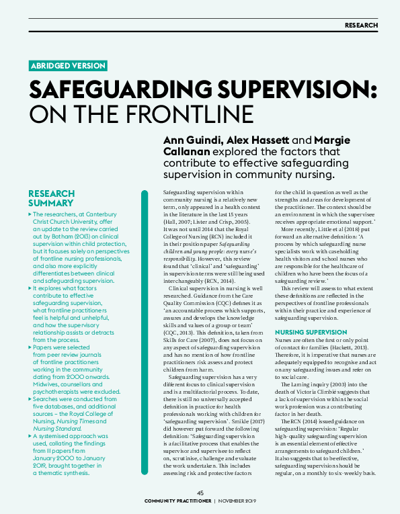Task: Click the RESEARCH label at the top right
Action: point(361,26)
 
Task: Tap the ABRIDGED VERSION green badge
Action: point(68,65)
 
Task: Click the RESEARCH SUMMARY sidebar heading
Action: point(51,198)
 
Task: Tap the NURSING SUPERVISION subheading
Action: point(311,332)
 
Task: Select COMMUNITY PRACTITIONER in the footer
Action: point(177,501)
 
